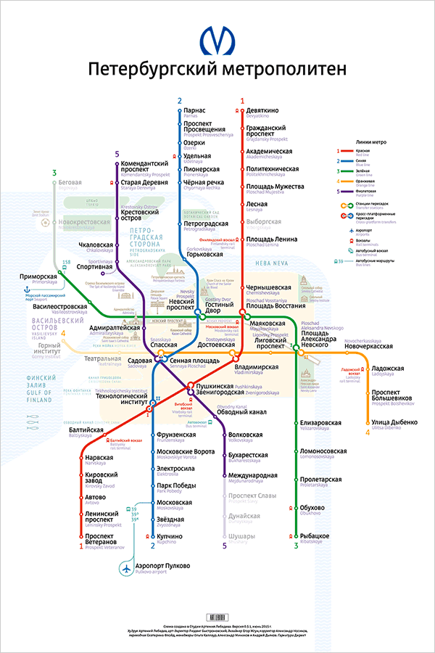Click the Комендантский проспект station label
(x=145, y=168)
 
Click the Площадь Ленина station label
(x=271, y=239)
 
